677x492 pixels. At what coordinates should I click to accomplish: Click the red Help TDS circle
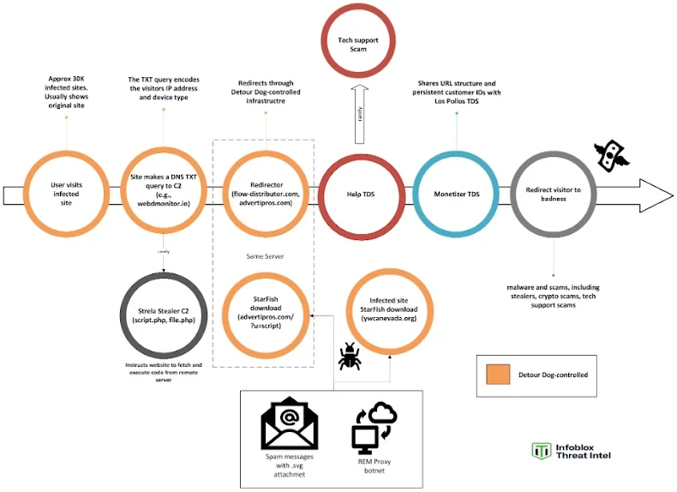pos(360,194)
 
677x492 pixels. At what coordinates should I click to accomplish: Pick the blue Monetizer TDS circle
pos(456,194)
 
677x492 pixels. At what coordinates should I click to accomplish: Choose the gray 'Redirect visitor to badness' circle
pos(553,194)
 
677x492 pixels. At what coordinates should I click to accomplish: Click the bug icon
pos(350,356)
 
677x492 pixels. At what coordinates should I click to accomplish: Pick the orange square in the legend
pos(498,375)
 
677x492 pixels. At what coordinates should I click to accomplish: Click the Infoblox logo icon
pos(540,452)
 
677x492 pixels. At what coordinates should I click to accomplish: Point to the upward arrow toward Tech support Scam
pos(360,111)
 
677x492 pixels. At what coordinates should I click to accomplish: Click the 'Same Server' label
pos(265,255)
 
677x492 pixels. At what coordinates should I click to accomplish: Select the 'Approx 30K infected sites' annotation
pos(66,90)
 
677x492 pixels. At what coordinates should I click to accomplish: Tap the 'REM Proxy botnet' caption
pos(374,465)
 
